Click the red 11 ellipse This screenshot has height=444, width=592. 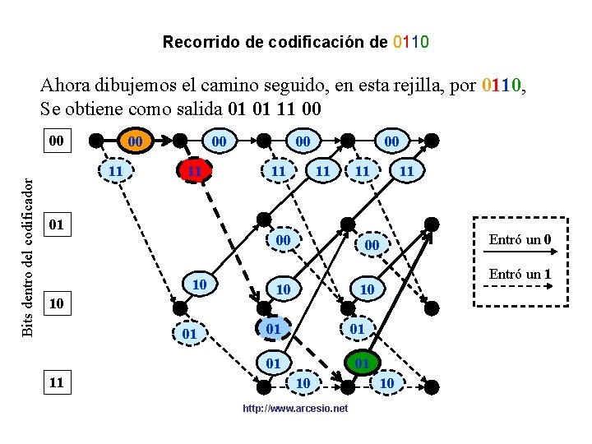193,171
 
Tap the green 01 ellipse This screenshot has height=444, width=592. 360,363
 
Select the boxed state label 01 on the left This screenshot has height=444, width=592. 57,224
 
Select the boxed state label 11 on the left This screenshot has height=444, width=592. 57,382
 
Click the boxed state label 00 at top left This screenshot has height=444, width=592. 57,141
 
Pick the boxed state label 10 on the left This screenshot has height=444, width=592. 57,304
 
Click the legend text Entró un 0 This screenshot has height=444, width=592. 520,240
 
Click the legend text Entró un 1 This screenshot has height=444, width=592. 520,274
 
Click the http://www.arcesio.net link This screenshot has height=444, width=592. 295,409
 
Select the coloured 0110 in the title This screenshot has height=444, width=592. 411,41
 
